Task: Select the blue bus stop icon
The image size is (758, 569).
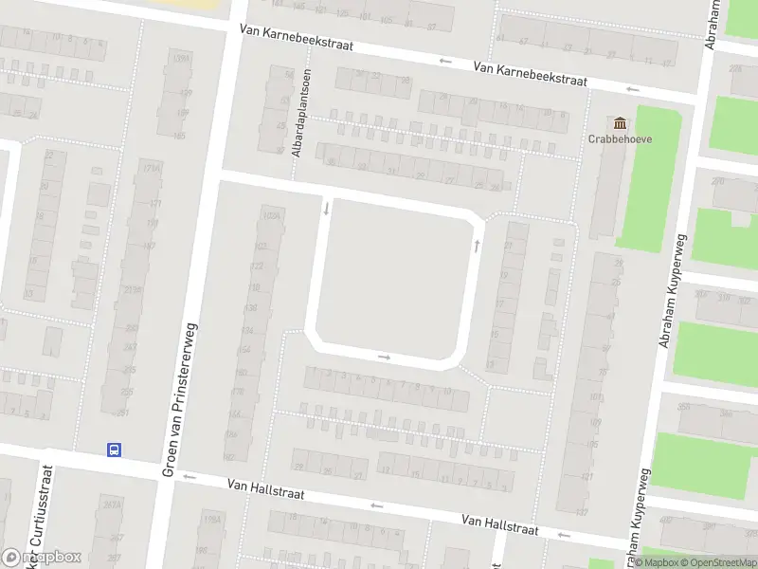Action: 114,450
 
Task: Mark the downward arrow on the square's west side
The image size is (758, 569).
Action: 326,207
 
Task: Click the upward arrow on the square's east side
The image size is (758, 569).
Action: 477,246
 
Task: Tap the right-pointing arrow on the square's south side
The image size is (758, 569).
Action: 384,358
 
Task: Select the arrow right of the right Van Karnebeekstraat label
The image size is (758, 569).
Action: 632,89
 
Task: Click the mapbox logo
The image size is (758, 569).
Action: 42,558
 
